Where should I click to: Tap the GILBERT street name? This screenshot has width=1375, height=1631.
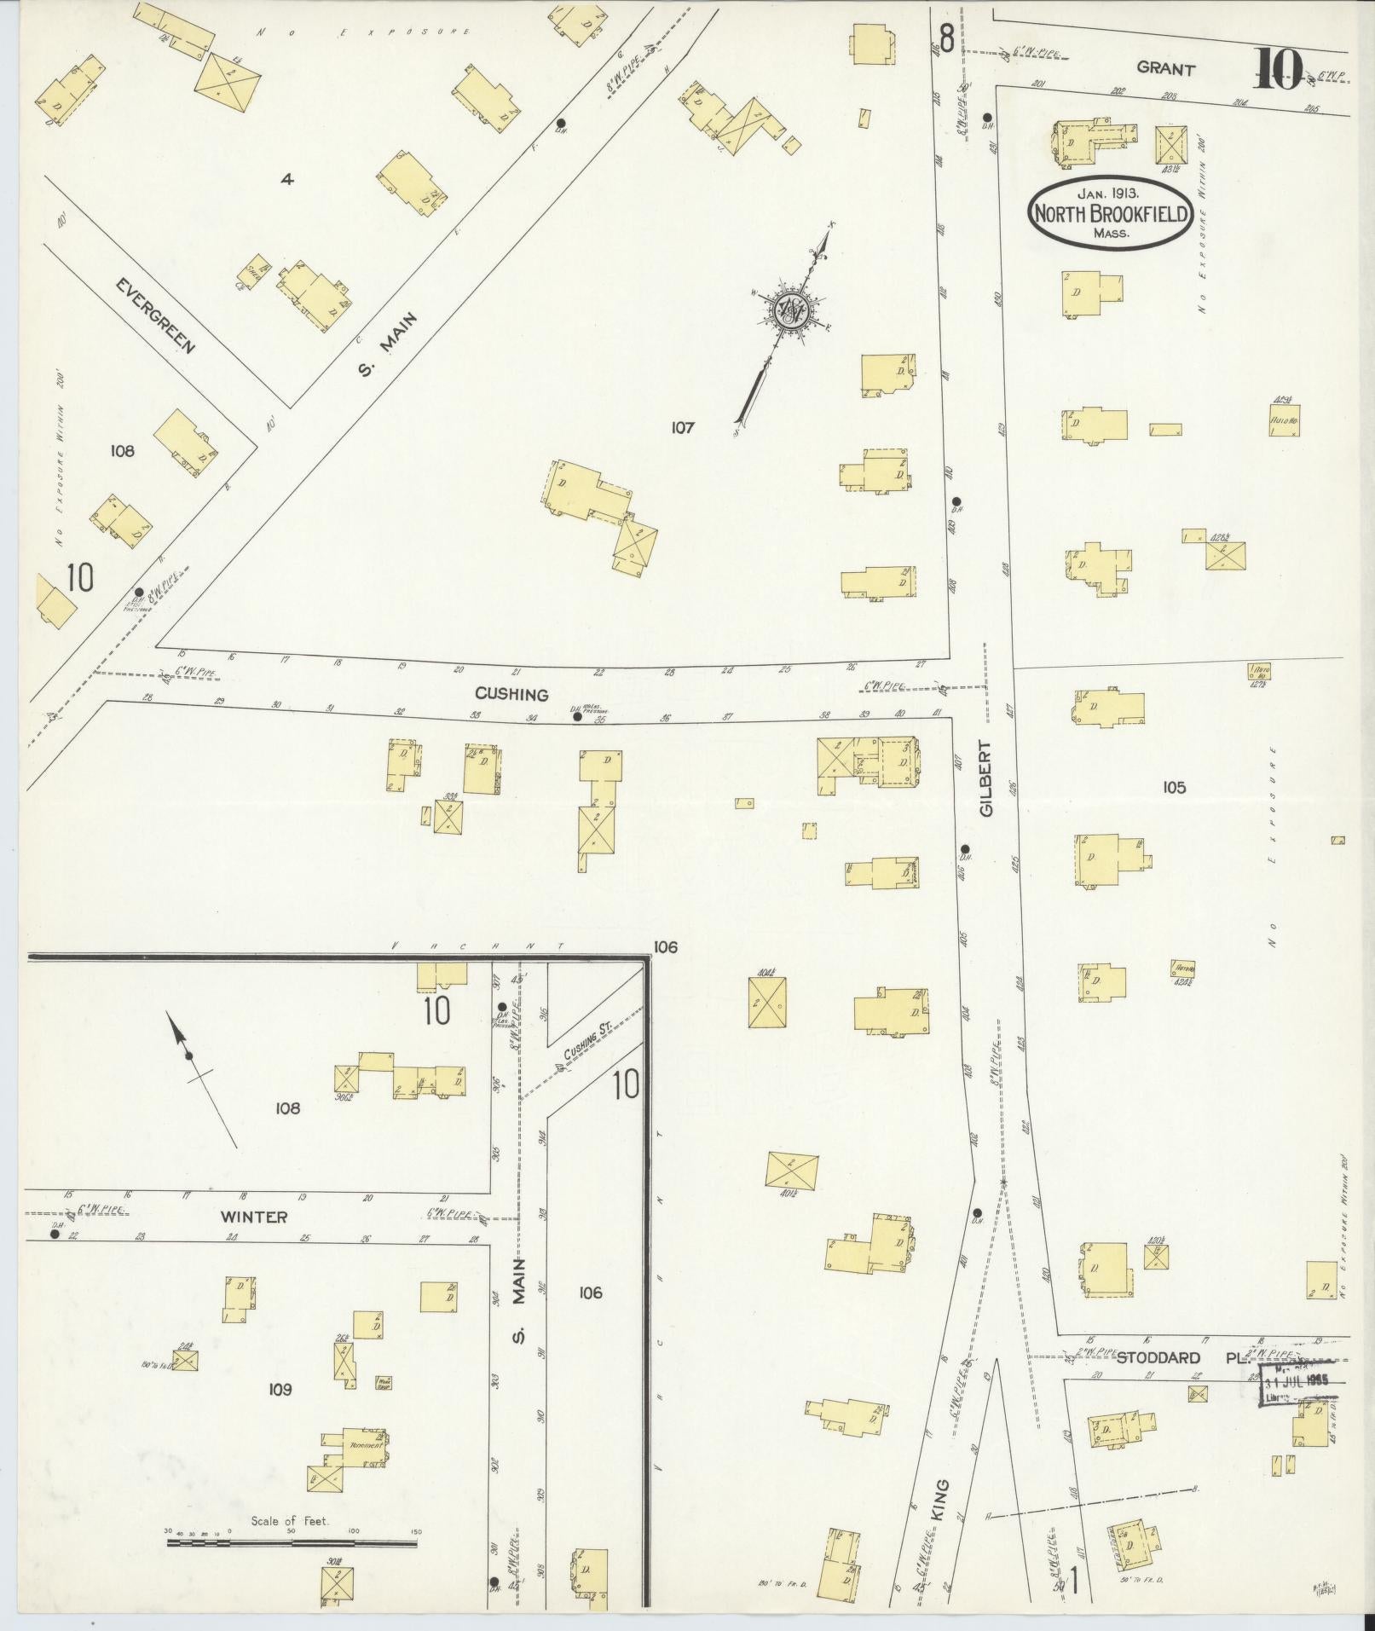pos(986,779)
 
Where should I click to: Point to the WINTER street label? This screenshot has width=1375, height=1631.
pos(254,1217)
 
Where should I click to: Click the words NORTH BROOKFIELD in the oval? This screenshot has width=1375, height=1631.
pos(1110,214)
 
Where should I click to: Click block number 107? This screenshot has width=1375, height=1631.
pos(682,427)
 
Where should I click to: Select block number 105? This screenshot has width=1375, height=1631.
pos(1174,787)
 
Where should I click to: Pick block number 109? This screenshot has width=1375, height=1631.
pos(280,1390)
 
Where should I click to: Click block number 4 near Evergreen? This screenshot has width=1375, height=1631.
pos(287,179)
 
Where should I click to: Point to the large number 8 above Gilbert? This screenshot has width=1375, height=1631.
pos(945,38)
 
